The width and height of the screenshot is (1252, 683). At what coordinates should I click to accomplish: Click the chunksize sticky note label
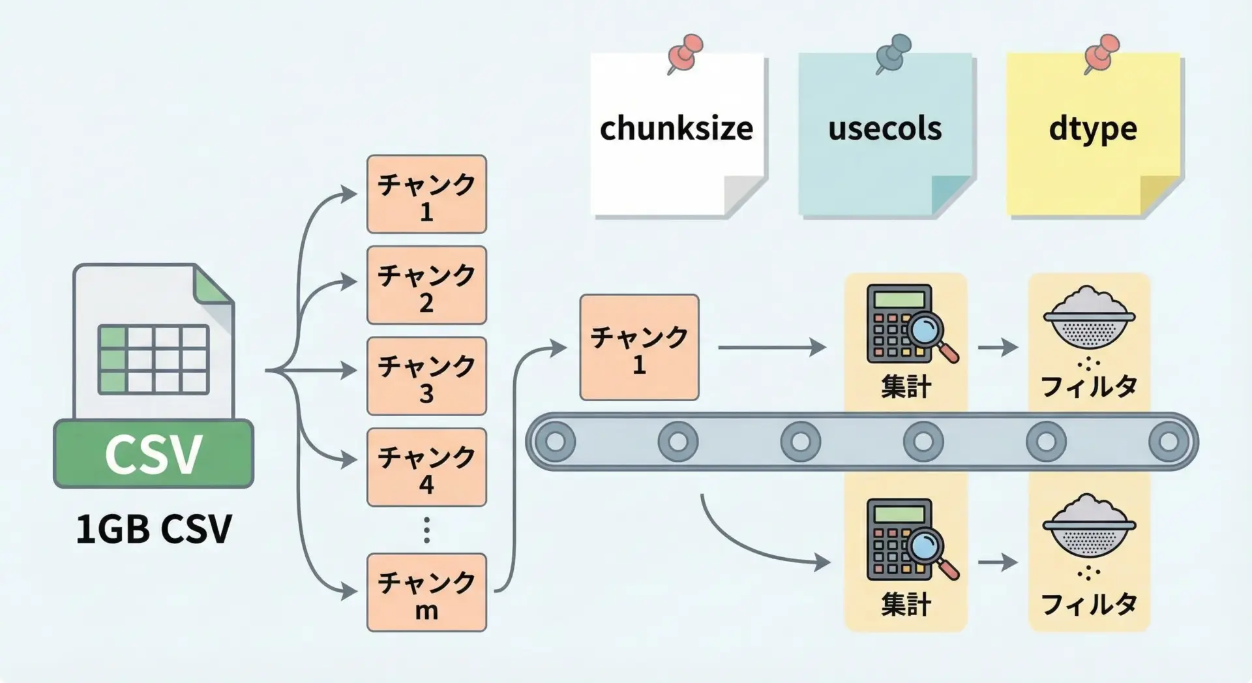coord(676,128)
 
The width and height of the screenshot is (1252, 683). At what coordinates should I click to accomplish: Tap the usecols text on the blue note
coord(885,128)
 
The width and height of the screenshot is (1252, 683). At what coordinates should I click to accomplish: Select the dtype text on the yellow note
coord(1093,129)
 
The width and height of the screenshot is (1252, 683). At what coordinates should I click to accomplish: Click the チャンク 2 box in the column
coord(426,285)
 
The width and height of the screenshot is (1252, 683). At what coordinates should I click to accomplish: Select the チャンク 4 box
coord(426,467)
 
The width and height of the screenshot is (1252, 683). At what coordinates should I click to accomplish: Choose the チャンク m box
coord(426,592)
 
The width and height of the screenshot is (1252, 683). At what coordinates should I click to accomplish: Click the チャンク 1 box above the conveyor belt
coord(639,347)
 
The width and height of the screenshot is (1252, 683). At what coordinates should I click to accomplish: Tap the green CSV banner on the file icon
coord(154,454)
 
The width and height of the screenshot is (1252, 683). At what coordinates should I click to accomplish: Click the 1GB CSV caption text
coord(154,528)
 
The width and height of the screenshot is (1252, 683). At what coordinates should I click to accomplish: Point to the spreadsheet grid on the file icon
coord(154,359)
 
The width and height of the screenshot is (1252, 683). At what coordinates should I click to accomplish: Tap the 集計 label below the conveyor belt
coord(906,604)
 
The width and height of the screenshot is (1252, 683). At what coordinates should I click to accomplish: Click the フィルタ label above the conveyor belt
coord(1088,386)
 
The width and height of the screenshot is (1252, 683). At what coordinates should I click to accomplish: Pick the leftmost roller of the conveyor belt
coord(555,442)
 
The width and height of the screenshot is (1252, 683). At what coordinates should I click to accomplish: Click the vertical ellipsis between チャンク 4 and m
coord(426,530)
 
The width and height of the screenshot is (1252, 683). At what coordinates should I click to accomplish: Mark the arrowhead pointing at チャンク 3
coord(349,371)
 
